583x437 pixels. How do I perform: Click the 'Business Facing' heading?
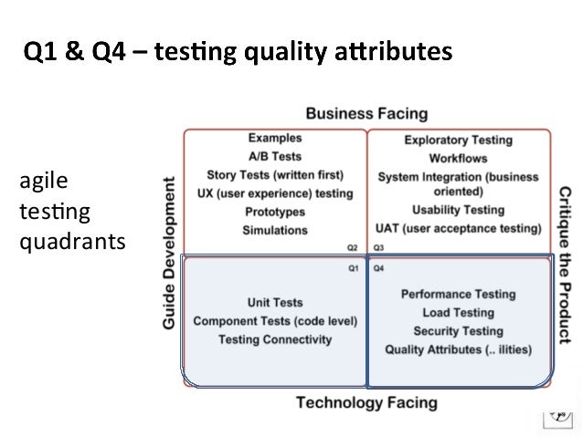tap(366, 114)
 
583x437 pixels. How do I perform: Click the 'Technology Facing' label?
tap(366, 402)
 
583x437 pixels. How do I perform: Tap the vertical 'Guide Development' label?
tap(169, 255)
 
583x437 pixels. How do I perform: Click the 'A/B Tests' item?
tap(275, 155)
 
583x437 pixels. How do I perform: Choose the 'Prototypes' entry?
tap(275, 212)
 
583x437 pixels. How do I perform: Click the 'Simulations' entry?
tap(275, 230)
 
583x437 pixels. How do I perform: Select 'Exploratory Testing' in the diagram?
tap(458, 140)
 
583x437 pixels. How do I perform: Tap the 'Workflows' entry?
tap(458, 158)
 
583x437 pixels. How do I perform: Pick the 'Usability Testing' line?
tap(458, 209)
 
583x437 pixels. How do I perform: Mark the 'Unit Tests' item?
tap(275, 303)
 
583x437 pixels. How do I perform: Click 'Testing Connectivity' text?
tap(275, 339)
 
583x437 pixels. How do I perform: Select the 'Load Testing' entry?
tap(458, 313)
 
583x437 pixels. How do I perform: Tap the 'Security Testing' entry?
tap(458, 331)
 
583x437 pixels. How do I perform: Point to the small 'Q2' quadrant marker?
tap(352, 247)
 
